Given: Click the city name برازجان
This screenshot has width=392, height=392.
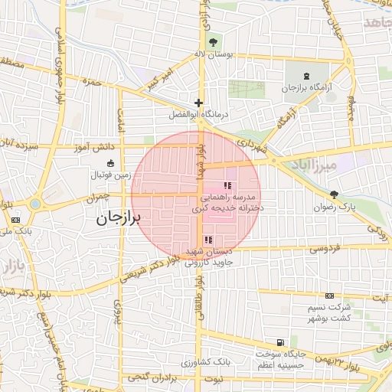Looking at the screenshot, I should (119, 218).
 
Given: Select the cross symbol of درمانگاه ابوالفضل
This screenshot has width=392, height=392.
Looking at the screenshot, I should (199, 102).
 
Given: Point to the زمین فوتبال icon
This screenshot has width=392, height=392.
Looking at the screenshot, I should (111, 163).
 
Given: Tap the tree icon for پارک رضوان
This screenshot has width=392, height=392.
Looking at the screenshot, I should (333, 194).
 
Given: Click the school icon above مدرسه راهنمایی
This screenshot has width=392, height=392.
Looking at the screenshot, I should (227, 185).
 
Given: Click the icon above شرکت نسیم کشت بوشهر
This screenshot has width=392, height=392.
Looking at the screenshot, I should (329, 296).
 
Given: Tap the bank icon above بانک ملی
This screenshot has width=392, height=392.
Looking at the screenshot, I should (16, 220).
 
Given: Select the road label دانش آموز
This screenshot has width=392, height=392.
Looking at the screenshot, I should (94, 145).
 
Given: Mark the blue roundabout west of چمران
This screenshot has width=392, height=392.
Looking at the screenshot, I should (34, 204).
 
